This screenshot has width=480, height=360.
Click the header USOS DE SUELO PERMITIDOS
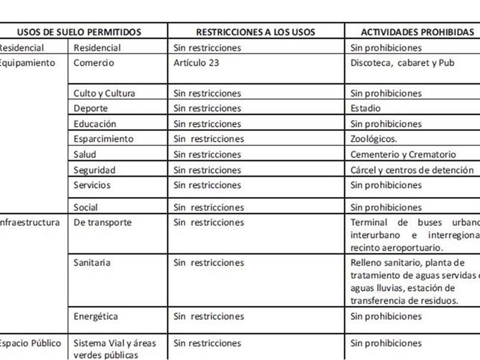(79, 33)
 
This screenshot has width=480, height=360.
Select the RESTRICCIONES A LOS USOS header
(255, 33)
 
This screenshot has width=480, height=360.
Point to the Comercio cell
(94, 63)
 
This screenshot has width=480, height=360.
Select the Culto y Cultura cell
(104, 93)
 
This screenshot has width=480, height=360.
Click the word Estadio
(365, 109)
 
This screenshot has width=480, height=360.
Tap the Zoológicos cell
(374, 139)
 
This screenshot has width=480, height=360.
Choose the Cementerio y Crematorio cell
(403, 155)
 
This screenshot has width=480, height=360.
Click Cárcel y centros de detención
(411, 170)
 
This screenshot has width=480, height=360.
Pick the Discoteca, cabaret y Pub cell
(402, 63)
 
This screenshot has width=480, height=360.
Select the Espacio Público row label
(30, 343)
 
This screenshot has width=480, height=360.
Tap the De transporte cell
(102, 223)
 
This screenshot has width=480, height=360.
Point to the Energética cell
(95, 317)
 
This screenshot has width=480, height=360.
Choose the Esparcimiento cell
(103, 139)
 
